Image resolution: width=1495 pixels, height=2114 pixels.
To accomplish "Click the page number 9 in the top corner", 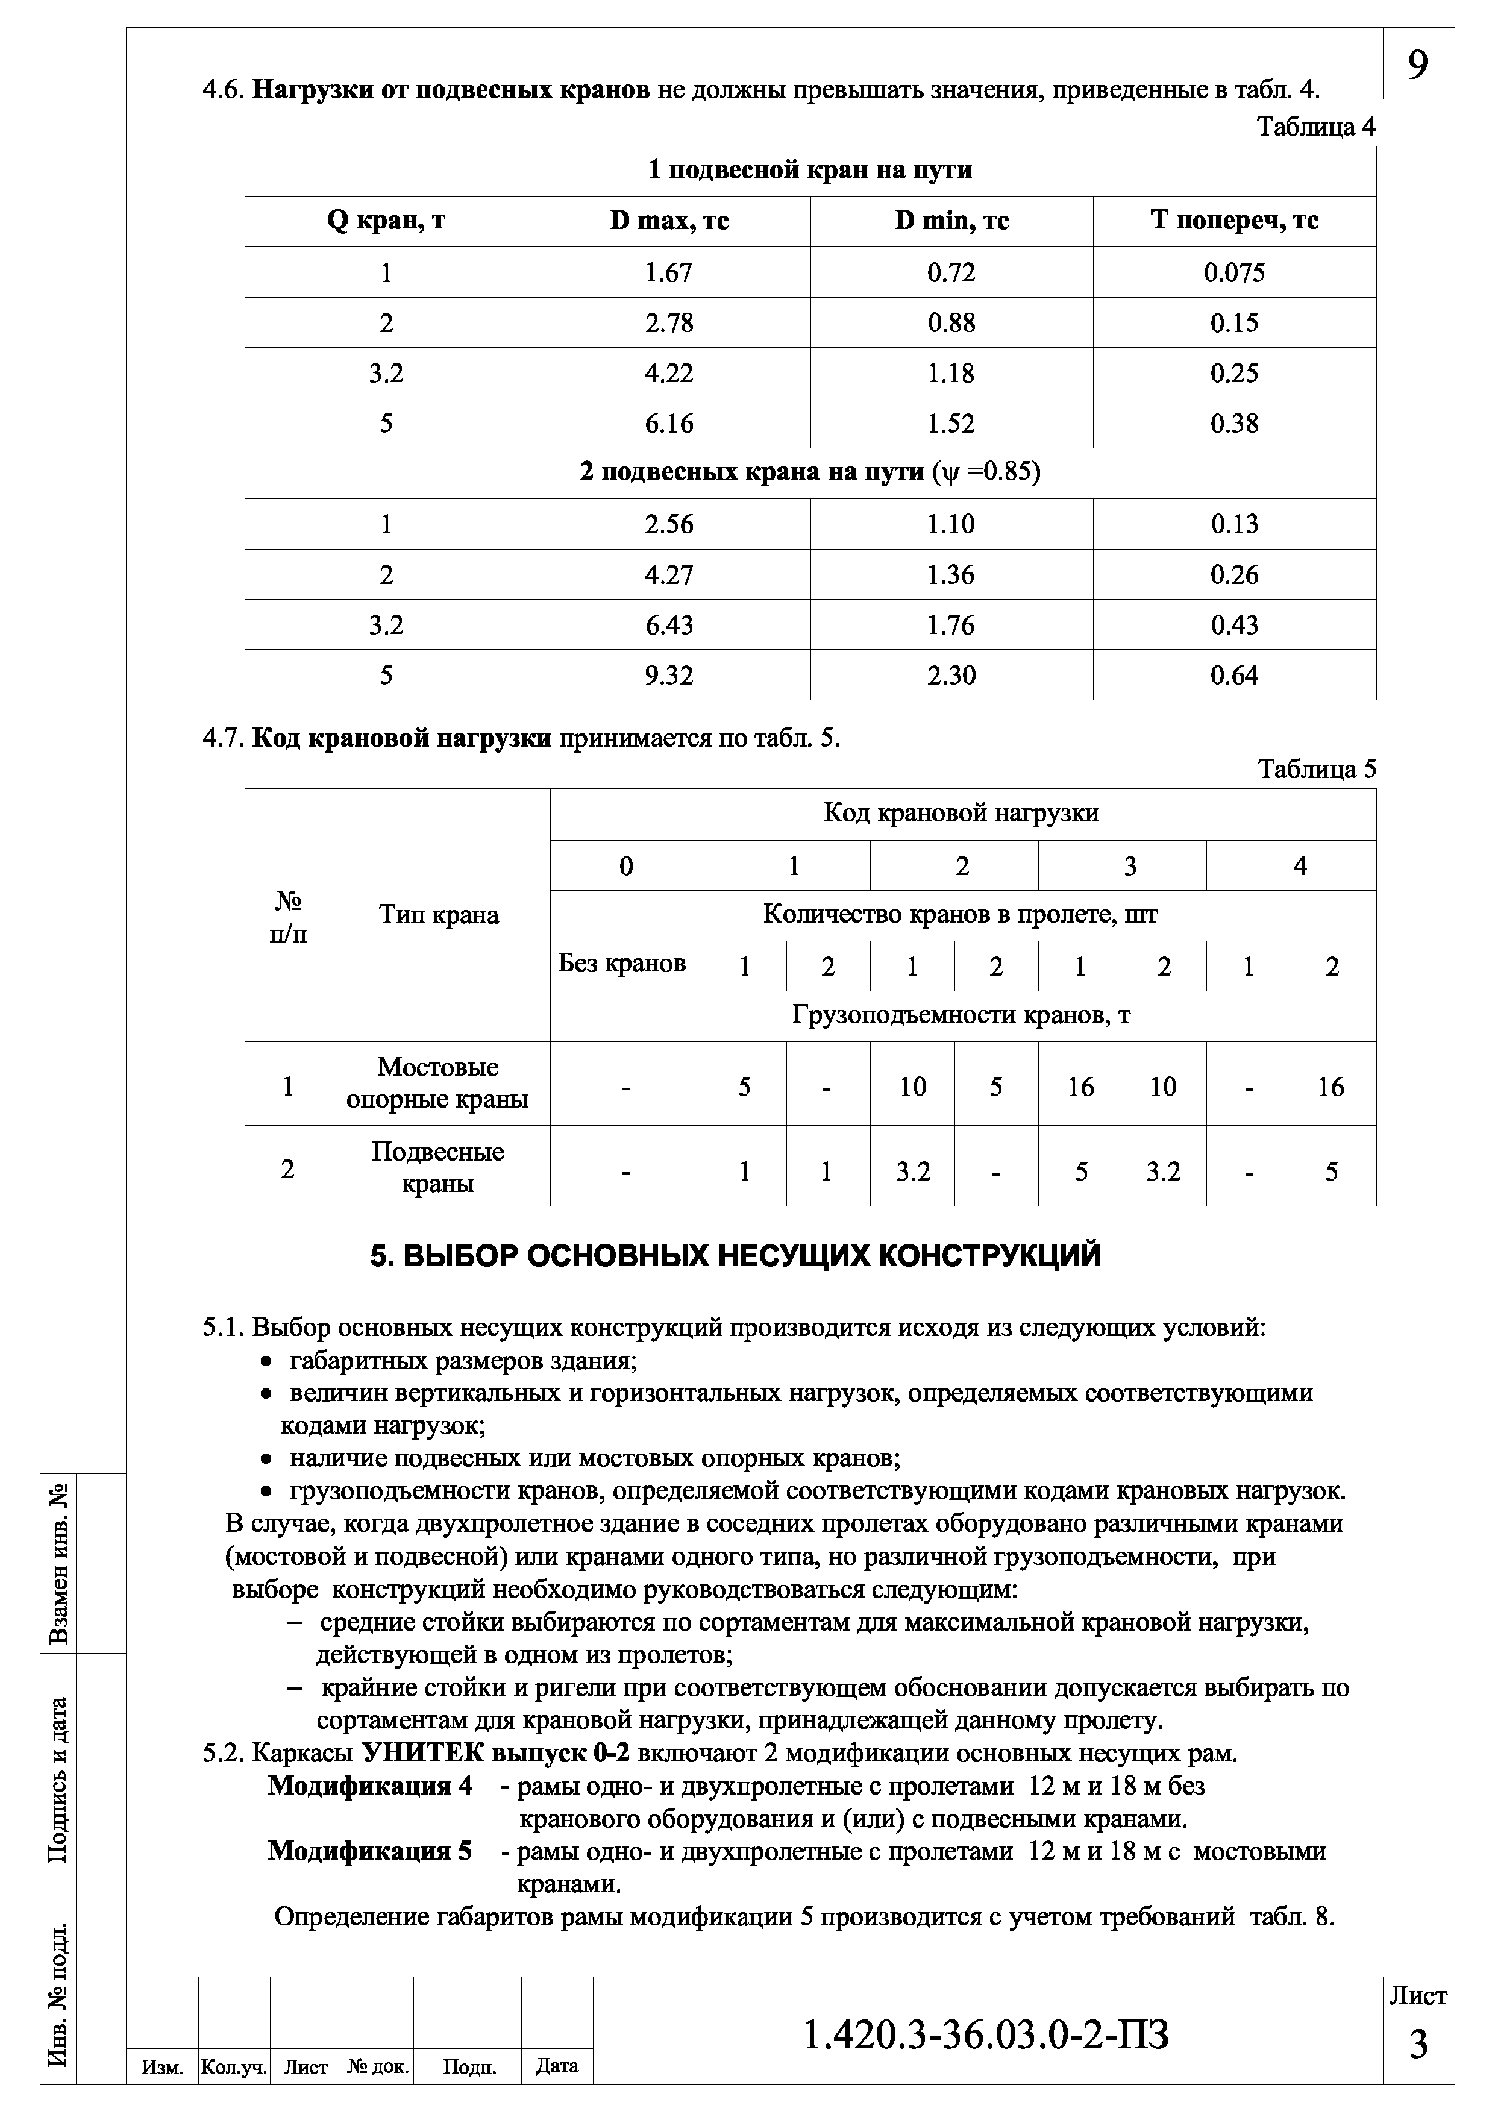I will [1418, 64].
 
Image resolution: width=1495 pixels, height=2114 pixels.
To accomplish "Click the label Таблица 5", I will [1317, 769].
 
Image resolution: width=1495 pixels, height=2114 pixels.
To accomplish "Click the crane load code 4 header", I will [1299, 865].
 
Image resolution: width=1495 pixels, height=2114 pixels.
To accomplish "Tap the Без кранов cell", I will [622, 964].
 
